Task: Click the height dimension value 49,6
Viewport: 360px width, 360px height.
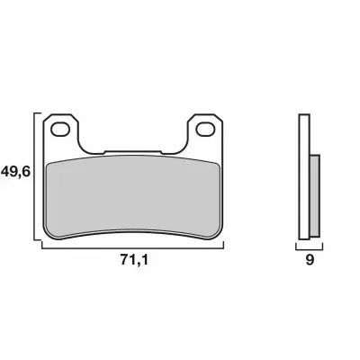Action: [17, 169]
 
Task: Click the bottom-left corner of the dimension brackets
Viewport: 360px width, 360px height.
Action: [36, 246]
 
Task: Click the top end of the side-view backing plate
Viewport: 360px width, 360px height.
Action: [305, 114]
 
